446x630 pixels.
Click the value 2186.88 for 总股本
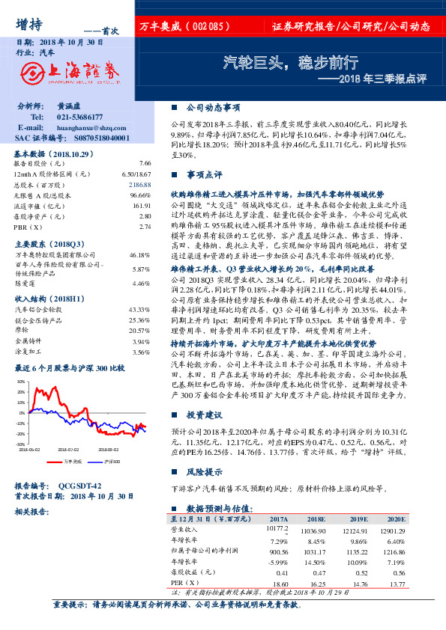tap(140, 184)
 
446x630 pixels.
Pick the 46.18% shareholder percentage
tap(141, 254)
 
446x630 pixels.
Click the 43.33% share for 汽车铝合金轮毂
tap(141, 309)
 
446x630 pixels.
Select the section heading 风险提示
tap(203, 472)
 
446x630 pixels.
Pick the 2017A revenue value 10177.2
tap(277, 529)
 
